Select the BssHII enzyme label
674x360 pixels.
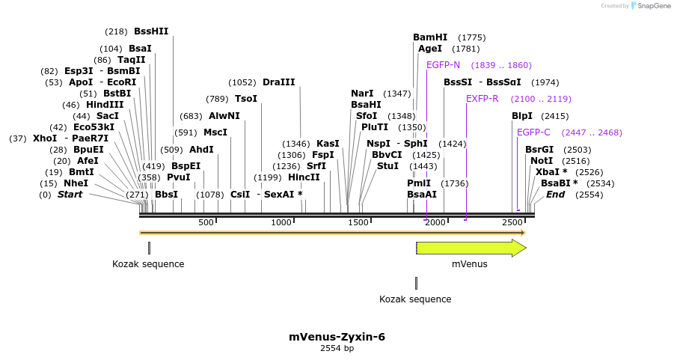coord(151,31)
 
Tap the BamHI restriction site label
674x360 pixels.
coord(429,37)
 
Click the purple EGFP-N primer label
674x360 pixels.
coord(443,65)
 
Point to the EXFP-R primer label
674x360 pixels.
coord(482,99)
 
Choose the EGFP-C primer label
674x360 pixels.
coord(533,132)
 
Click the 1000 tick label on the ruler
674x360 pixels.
coord(281,222)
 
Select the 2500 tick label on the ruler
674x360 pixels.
coord(512,222)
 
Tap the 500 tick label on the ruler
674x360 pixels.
coord(206,222)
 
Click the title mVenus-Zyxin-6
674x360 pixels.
coord(337,337)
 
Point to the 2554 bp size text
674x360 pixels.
coord(337,348)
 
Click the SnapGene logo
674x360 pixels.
coord(647,6)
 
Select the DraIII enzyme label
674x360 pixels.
coord(278,82)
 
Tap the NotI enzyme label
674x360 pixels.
coord(541,161)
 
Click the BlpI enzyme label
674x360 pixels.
coord(522,116)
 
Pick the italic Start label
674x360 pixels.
coord(70,195)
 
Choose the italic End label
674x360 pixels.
coord(555,195)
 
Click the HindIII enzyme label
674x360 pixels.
coord(105,105)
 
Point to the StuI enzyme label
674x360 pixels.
coord(387,166)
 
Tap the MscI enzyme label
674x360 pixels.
coord(215,132)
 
